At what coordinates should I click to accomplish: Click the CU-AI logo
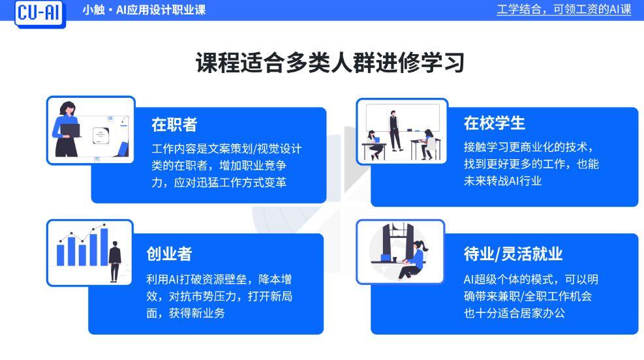click(40, 13)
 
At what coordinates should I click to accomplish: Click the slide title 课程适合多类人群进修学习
click(330, 63)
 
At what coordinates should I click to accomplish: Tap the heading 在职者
click(174, 125)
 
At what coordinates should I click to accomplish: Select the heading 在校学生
click(495, 123)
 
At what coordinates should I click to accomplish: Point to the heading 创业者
click(169, 254)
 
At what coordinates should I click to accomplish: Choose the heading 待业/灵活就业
click(513, 254)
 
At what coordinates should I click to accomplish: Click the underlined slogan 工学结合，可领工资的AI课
click(564, 9)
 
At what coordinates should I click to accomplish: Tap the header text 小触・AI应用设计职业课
click(144, 10)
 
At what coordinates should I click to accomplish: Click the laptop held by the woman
click(70, 130)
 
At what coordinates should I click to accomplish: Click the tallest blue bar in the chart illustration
click(104, 247)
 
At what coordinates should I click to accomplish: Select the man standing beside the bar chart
click(115, 262)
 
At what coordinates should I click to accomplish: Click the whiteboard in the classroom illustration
click(403, 117)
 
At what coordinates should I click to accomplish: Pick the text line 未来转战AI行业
click(502, 181)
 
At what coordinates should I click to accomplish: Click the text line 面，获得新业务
click(186, 313)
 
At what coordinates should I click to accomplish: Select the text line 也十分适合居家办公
click(514, 313)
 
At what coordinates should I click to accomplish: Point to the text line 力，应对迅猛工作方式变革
click(219, 182)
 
